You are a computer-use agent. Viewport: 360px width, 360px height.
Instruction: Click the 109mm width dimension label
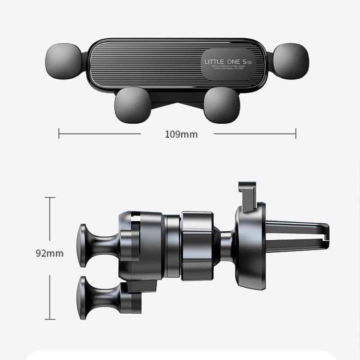(177, 134)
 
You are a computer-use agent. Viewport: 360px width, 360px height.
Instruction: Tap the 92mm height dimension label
(49, 253)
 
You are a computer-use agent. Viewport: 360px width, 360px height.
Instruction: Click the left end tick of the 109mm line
(59, 133)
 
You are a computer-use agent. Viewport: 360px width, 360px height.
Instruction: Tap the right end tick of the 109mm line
(296, 133)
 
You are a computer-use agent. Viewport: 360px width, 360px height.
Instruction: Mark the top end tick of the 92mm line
(49, 198)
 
